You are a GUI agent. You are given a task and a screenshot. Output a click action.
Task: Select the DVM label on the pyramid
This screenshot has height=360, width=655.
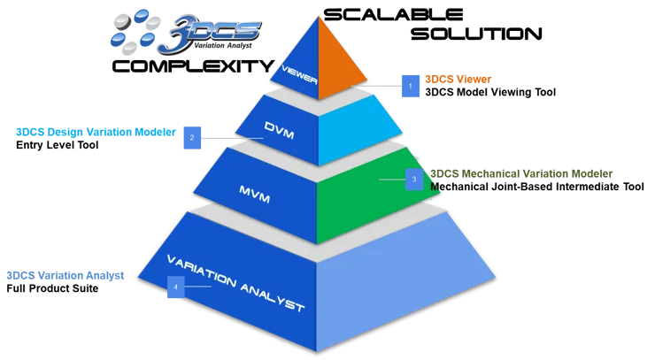pos(280,129)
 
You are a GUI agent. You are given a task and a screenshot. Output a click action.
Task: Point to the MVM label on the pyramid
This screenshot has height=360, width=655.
pos(254,188)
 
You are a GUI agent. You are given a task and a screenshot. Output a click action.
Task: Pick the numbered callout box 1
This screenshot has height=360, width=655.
pos(409,85)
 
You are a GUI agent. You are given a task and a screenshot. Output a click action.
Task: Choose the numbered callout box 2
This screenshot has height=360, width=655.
pos(191,136)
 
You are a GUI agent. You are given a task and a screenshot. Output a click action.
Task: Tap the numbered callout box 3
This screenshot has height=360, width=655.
pos(415,180)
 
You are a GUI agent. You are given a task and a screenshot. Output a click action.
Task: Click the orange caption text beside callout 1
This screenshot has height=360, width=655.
pos(458,79)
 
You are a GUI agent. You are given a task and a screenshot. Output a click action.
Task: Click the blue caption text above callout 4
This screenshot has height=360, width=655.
pos(65,275)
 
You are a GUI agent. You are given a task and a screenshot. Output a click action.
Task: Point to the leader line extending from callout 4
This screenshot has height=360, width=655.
pos(200,286)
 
